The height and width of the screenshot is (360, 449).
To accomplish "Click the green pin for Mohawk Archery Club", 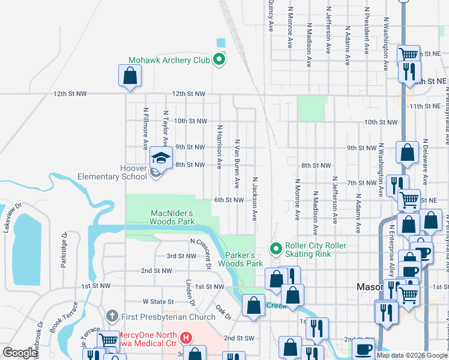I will (219, 59).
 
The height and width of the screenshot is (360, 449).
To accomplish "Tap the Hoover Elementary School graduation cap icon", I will (160, 158).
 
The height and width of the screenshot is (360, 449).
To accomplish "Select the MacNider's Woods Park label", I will (172, 217).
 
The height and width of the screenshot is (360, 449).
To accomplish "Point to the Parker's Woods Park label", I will (240, 259).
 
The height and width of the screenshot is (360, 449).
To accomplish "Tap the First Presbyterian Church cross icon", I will (111, 316).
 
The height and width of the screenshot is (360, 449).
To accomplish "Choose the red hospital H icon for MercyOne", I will (187, 338).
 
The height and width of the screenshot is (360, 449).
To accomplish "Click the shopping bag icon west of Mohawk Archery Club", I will (130, 77).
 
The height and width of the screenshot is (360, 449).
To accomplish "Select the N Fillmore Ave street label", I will (145, 128).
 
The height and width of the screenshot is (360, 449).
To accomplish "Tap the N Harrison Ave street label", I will (220, 146).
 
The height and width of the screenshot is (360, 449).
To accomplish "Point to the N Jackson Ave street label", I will (255, 198).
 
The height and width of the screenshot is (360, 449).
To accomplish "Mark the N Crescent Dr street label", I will (201, 252).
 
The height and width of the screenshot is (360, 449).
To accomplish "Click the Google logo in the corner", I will (20, 353).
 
